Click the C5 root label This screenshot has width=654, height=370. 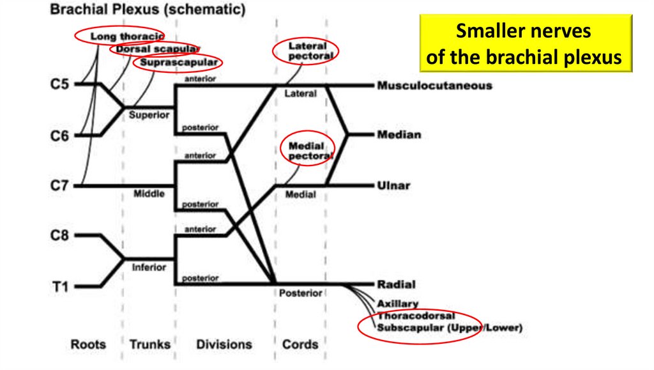(x=60, y=84)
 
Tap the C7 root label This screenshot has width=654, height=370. (x=60, y=186)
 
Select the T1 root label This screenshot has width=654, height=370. (x=60, y=286)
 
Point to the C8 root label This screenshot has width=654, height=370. (x=60, y=236)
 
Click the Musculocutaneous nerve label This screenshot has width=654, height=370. (x=434, y=85)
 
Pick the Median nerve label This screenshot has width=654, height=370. (x=399, y=135)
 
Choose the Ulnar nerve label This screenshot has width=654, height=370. (x=393, y=186)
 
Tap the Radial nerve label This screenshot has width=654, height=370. (x=396, y=284)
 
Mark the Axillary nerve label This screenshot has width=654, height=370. (x=398, y=304)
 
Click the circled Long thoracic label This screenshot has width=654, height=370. (x=126, y=36)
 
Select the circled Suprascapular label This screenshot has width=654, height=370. (x=179, y=63)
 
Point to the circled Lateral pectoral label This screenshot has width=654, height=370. (x=307, y=50)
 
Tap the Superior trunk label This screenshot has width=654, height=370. (x=149, y=115)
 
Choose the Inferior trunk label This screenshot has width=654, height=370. (x=149, y=267)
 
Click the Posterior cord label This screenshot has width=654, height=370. (x=300, y=293)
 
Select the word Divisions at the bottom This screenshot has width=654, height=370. (x=224, y=344)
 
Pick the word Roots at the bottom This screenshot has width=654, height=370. (x=87, y=344)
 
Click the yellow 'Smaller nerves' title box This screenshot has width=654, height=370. (x=524, y=44)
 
